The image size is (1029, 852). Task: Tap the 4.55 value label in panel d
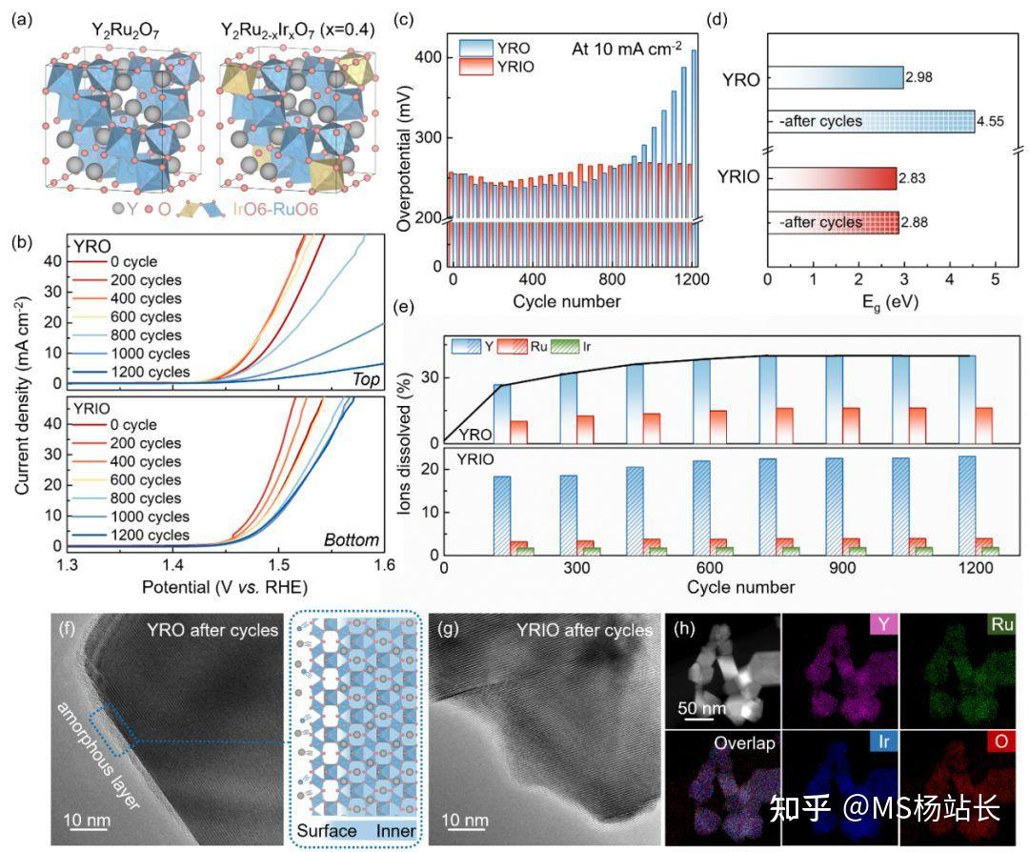click(x=993, y=122)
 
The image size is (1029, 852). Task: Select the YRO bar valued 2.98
click(x=835, y=78)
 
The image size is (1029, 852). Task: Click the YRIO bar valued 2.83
click(x=832, y=179)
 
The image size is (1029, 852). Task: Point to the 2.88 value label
click(x=916, y=223)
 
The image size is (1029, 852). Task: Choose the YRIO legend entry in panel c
click(x=494, y=67)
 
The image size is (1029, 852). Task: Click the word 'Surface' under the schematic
click(x=327, y=831)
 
